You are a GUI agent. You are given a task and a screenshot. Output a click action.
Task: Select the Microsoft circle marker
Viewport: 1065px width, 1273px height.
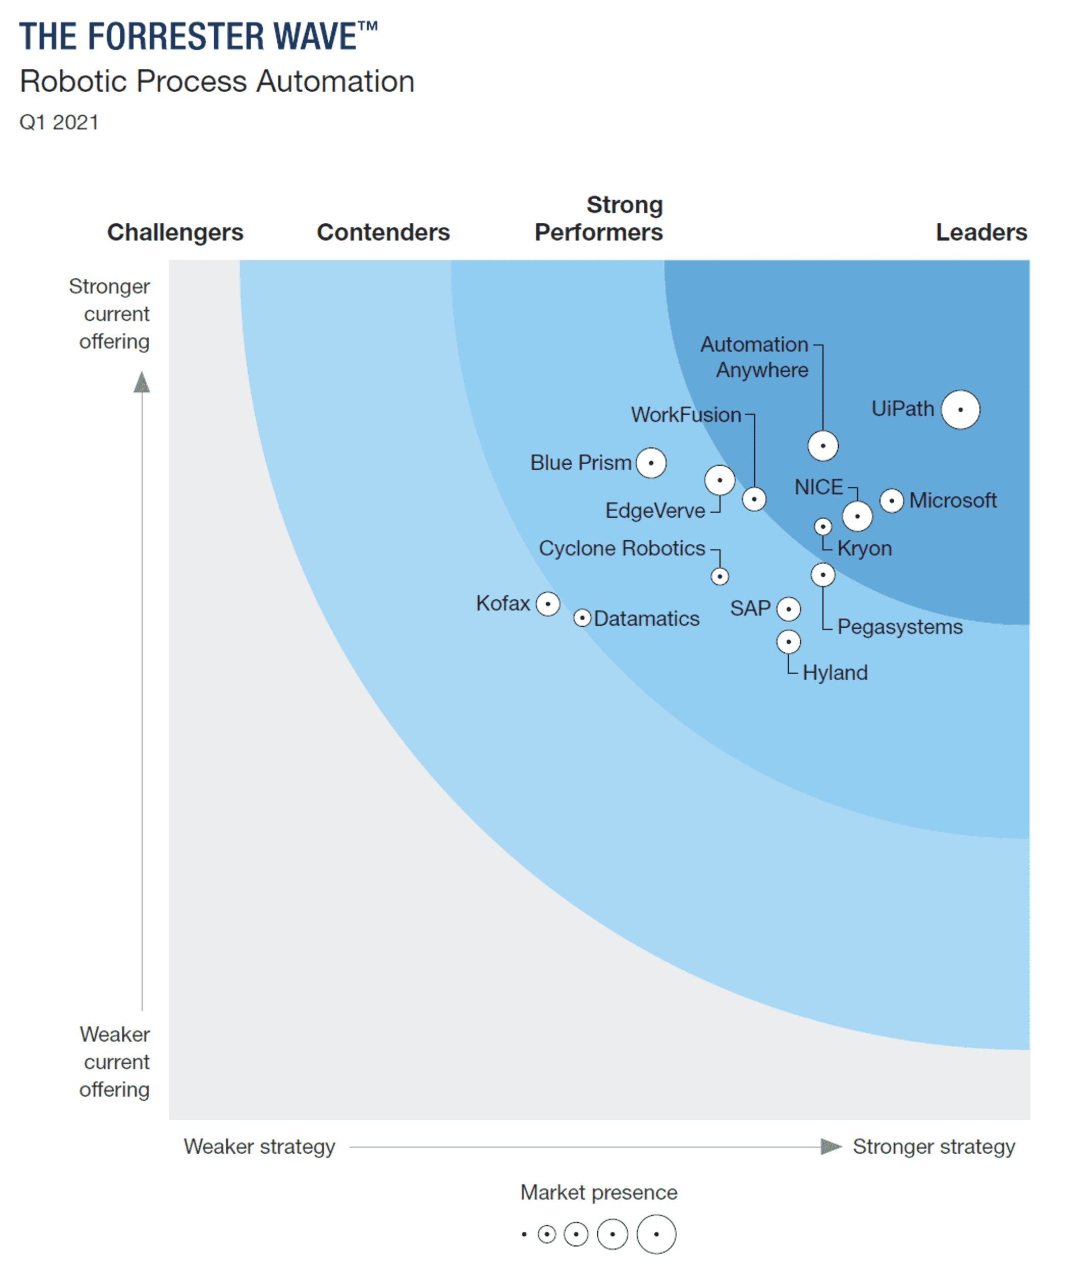(x=892, y=501)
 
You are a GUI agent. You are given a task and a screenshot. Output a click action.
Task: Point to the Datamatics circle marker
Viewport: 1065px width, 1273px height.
(x=582, y=618)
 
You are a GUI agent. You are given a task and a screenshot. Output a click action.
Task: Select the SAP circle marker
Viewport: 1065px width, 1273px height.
(x=789, y=608)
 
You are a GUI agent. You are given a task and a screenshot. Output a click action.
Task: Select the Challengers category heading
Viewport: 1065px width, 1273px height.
(x=175, y=232)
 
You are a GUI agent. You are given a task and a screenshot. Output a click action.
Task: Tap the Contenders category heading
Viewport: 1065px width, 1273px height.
(x=383, y=232)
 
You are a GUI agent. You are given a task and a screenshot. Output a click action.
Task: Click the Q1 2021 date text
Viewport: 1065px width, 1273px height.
(x=59, y=122)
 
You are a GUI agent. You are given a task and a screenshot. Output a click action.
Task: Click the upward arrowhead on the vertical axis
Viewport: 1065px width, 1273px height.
(x=142, y=383)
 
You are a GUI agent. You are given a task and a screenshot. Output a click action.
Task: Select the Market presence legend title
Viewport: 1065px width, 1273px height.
(x=598, y=1192)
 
